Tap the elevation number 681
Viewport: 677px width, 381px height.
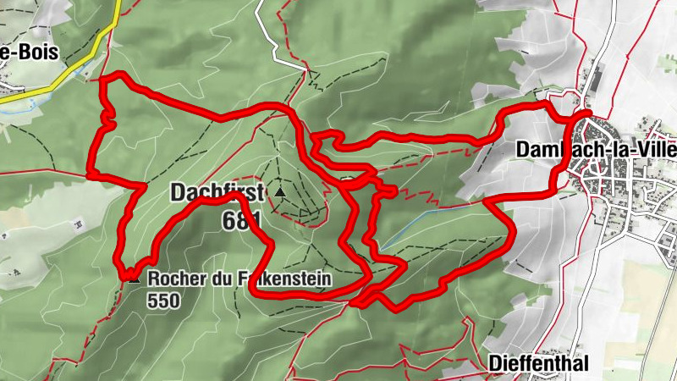[x=242, y=220]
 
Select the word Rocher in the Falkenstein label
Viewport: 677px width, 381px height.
[x=173, y=278]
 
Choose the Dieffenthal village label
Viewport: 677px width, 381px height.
[x=538, y=363]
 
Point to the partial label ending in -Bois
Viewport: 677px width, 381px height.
[x=29, y=52]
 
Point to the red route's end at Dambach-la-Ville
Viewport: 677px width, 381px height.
[x=587, y=112]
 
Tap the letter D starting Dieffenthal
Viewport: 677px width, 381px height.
[x=494, y=363]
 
